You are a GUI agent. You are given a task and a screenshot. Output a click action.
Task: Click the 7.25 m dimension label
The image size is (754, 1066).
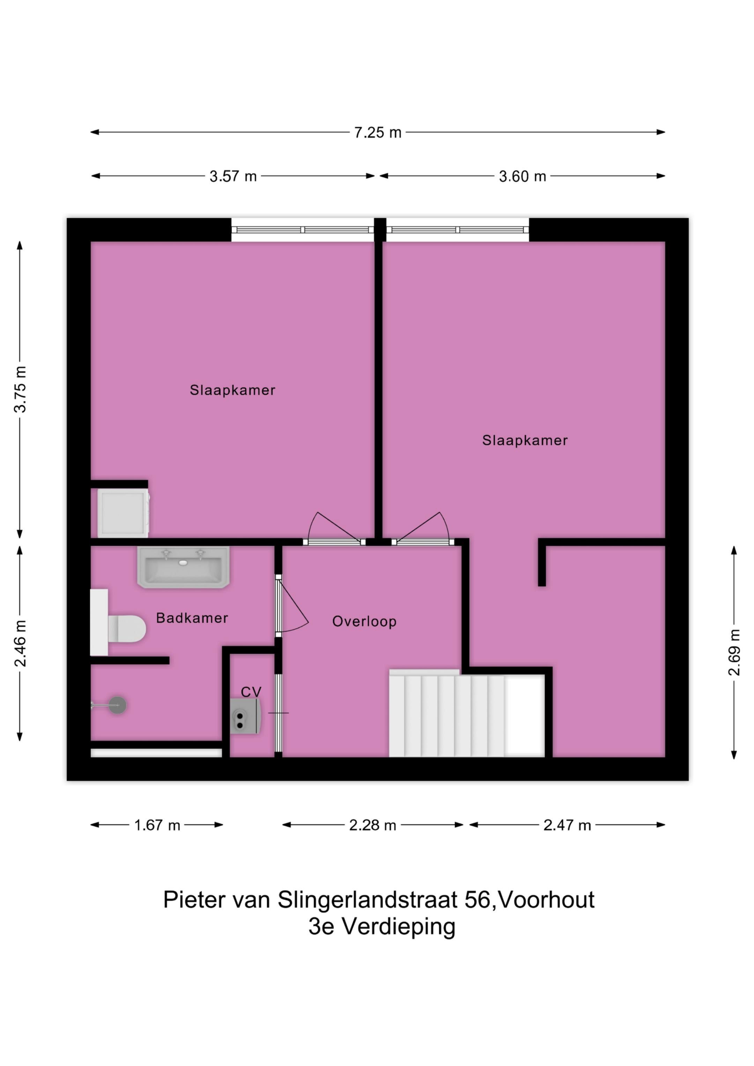pyautogui.click(x=377, y=133)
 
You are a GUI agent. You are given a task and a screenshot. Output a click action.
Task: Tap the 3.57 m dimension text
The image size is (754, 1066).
pyautogui.click(x=233, y=177)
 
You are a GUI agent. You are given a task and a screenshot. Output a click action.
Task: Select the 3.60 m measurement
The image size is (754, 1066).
pyautogui.click(x=522, y=177)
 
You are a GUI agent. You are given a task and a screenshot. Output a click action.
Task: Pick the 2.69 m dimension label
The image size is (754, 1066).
pyautogui.click(x=734, y=652)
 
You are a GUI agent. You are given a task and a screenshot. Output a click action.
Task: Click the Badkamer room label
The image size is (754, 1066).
pyautogui.click(x=192, y=618)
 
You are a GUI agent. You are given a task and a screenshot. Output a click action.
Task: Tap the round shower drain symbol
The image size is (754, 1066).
pyautogui.click(x=118, y=705)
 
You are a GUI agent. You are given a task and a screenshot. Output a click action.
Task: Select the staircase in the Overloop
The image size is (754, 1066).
pyautogui.click(x=465, y=715)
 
